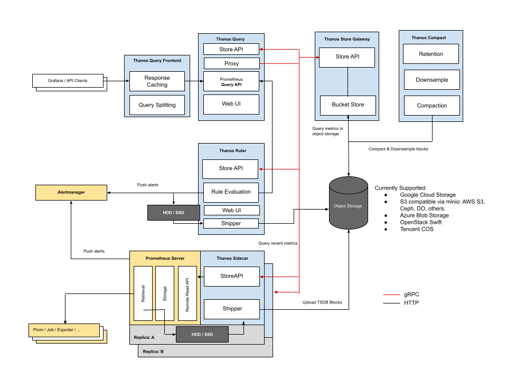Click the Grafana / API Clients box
[x=67, y=81]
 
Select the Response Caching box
[x=157, y=81]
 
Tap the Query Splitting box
[x=157, y=104]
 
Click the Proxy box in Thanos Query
[x=231, y=63]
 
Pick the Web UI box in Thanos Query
[x=231, y=104]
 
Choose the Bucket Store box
[x=348, y=104]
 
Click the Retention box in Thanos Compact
[x=431, y=54]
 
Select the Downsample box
[x=431, y=80]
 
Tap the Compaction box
[x=431, y=106]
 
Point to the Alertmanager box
[x=71, y=193]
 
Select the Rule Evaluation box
[x=231, y=192]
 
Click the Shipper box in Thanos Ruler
[x=231, y=223]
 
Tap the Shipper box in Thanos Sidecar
[x=231, y=309]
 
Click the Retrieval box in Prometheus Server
[x=143, y=293]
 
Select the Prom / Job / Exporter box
[x=64, y=330]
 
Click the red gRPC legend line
[x=391, y=294]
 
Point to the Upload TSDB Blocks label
[x=322, y=302]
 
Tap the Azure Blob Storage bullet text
[x=425, y=215]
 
